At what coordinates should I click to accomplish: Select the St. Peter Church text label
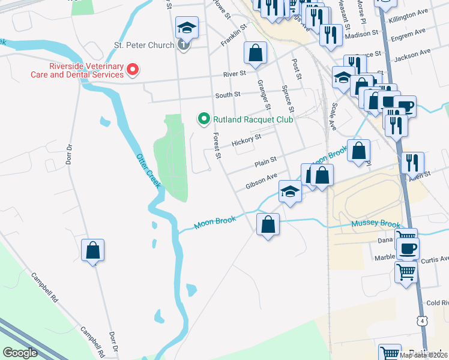pos(144,45)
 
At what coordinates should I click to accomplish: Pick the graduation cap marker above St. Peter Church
pos(187,28)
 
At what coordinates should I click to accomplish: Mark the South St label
pos(228,94)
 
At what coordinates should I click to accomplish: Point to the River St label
pos(234,74)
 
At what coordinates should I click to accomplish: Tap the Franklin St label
pos(234,35)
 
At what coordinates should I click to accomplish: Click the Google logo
pos(20,352)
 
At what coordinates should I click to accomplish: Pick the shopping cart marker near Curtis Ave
pos(406,272)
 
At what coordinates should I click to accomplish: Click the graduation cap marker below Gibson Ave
pos(290,193)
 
